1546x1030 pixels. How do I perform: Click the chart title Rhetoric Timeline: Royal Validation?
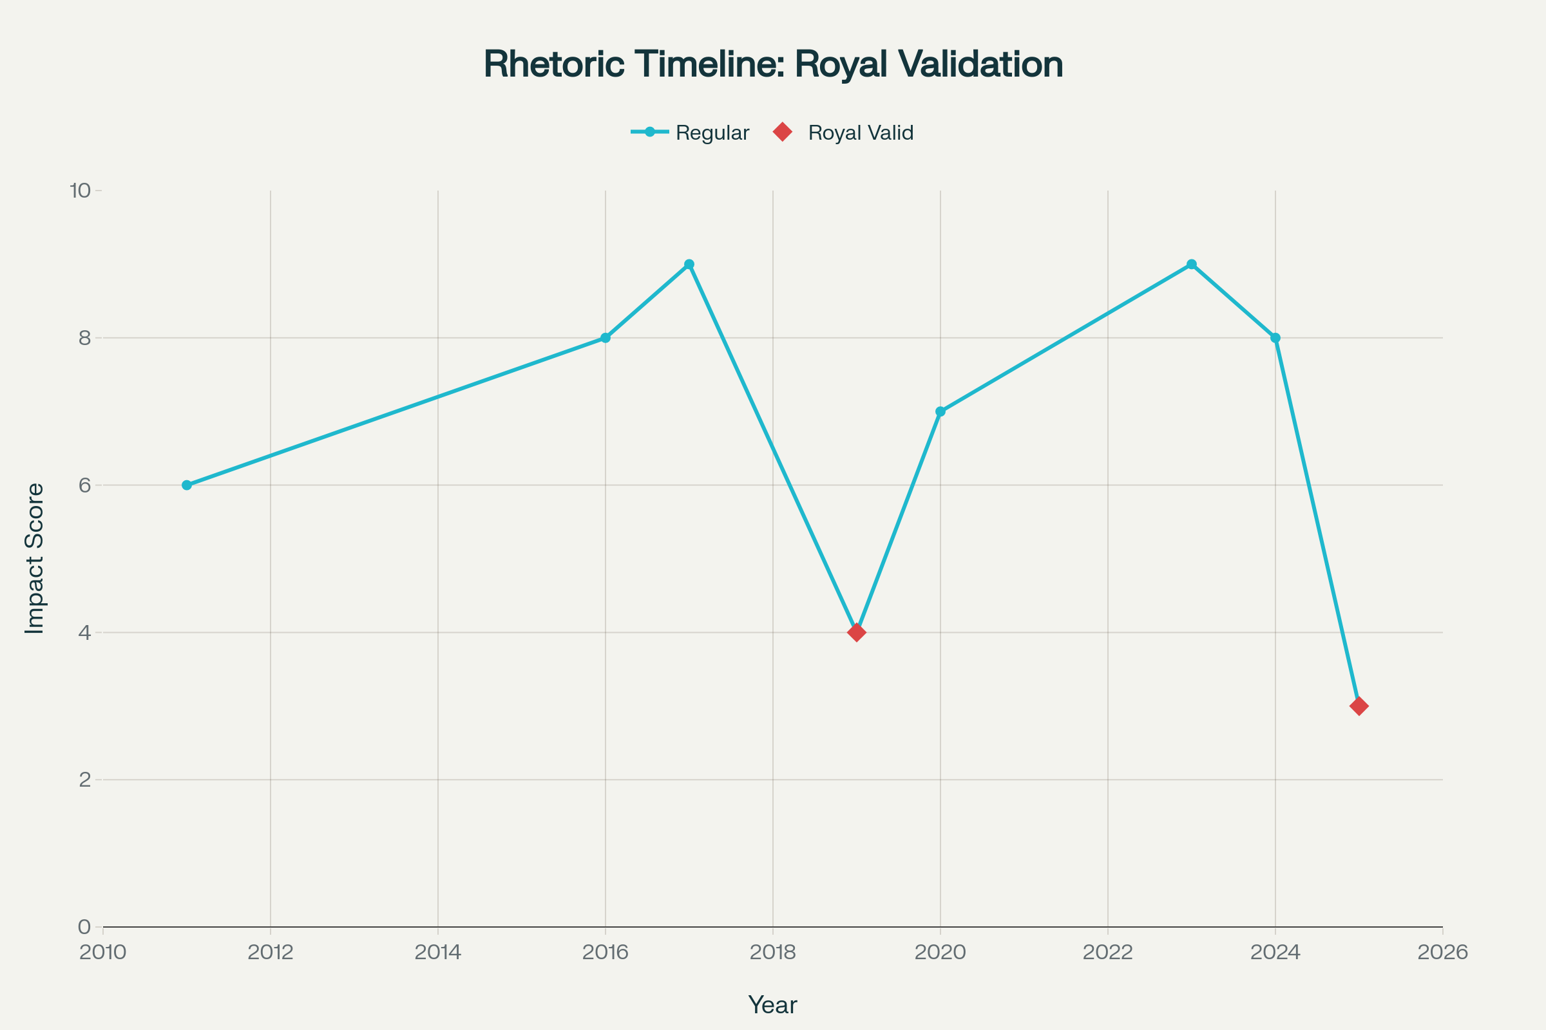pyautogui.click(x=773, y=64)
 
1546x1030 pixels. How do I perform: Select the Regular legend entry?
pyautogui.click(x=690, y=133)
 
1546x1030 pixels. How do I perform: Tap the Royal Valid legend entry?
pyautogui.click(x=844, y=133)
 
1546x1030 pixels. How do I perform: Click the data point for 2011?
pyautogui.click(x=187, y=485)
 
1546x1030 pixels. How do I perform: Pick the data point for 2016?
pyautogui.click(x=606, y=337)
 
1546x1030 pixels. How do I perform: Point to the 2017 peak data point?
pyautogui.click(x=689, y=264)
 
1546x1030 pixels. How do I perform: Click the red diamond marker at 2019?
pyautogui.click(x=857, y=633)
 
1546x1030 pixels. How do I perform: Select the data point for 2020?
pyautogui.click(x=940, y=411)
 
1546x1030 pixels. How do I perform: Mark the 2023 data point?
pyautogui.click(x=1192, y=264)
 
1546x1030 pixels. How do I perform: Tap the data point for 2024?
pyautogui.click(x=1275, y=337)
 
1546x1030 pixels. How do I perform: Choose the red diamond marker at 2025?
pyautogui.click(x=1359, y=706)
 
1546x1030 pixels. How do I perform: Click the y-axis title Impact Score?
pyautogui.click(x=34, y=558)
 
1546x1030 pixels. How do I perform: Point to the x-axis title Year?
pyautogui.click(x=772, y=1005)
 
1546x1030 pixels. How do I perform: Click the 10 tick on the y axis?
pyautogui.click(x=80, y=191)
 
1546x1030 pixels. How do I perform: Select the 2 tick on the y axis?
pyautogui.click(x=85, y=780)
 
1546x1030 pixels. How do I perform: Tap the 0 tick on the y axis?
pyautogui.click(x=85, y=927)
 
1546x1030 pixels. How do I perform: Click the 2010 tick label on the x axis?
pyautogui.click(x=102, y=953)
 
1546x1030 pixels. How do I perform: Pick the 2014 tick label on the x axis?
pyautogui.click(x=438, y=953)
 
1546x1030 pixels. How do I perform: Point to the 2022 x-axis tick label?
pyautogui.click(x=1107, y=953)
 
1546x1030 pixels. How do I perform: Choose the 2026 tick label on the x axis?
pyautogui.click(x=1443, y=953)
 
